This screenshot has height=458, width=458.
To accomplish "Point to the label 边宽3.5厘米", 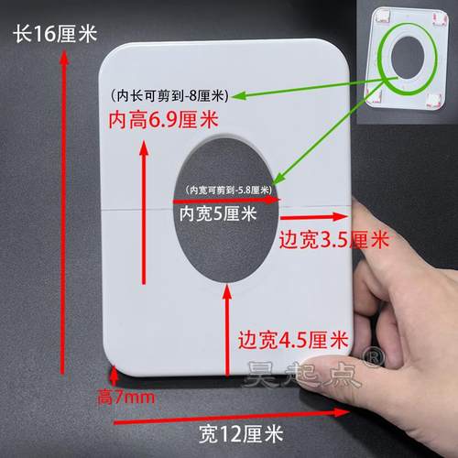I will tap(332, 240).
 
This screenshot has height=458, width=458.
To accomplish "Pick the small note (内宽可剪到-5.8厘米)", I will tap(227, 190).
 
